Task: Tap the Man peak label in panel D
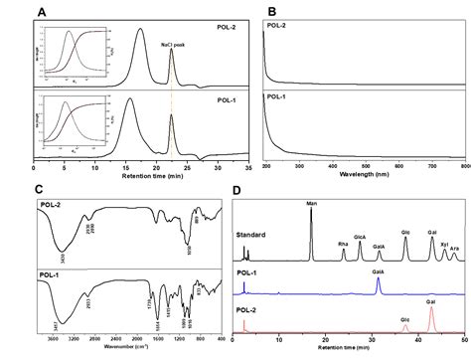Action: (311, 202)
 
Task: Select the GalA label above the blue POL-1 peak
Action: (379, 271)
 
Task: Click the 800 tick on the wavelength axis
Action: (457, 161)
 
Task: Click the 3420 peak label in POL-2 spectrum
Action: (65, 257)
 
